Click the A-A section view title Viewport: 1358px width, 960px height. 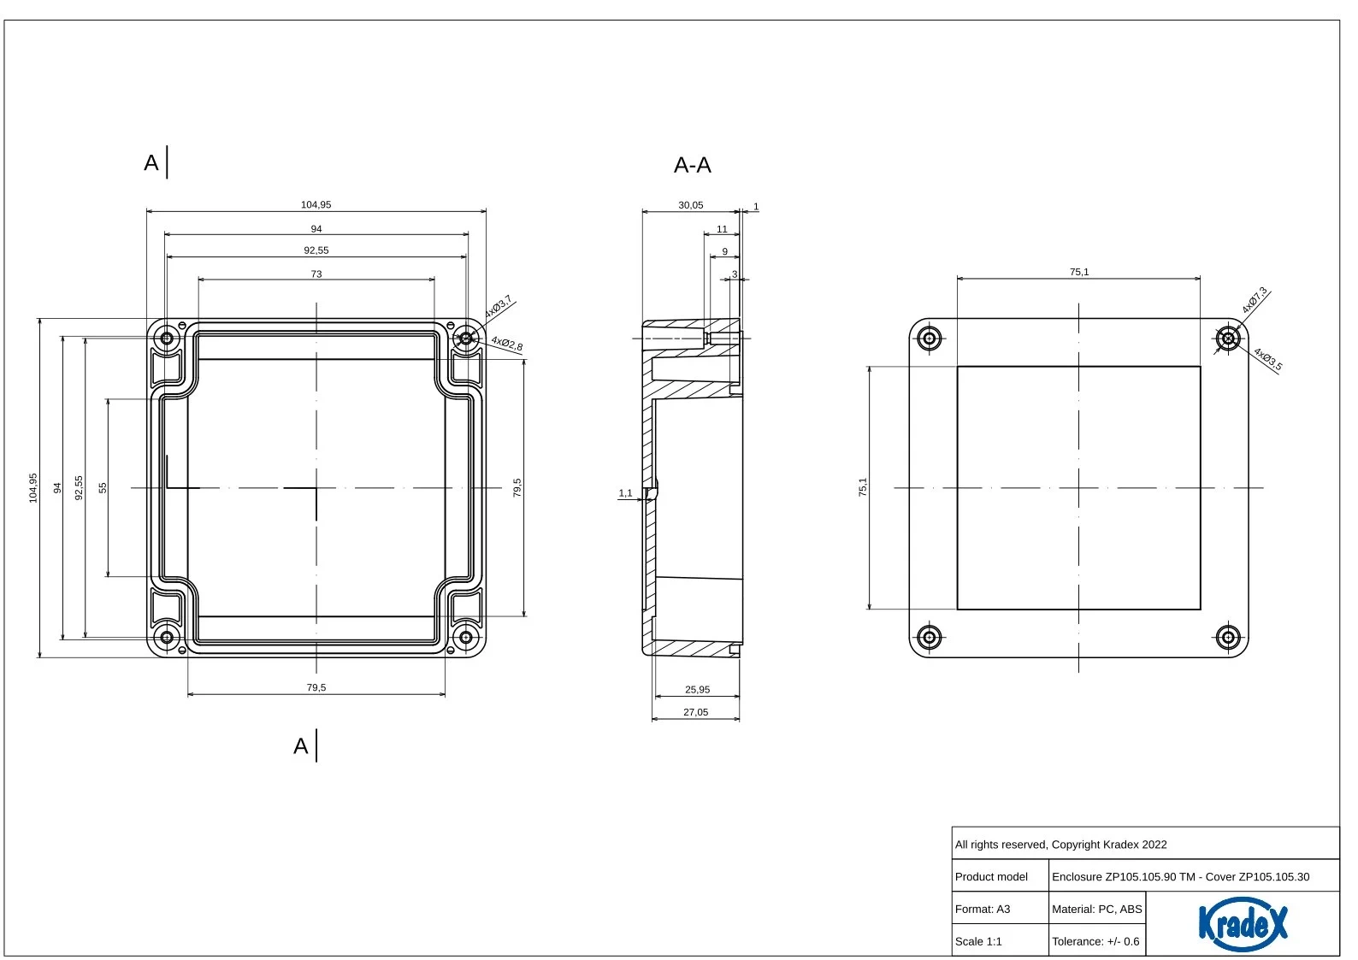click(x=693, y=166)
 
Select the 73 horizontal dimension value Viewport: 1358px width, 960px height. click(x=316, y=274)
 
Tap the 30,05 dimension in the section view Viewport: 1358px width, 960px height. click(x=690, y=205)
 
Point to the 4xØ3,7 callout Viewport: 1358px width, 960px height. click(x=499, y=307)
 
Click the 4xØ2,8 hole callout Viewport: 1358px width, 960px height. click(x=507, y=344)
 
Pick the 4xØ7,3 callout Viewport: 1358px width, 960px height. click(x=1255, y=300)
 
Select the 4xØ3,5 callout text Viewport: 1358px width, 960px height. click(x=1268, y=359)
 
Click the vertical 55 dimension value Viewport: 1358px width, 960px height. click(x=103, y=487)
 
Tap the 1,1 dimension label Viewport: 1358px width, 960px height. click(x=625, y=493)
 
